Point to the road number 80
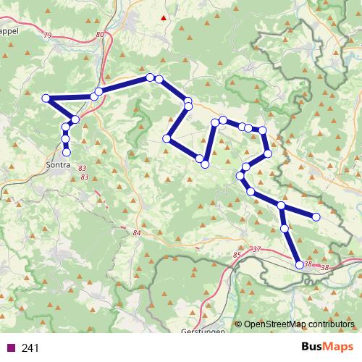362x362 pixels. (99, 35)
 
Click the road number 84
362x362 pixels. (138, 232)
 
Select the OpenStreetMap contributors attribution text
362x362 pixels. (298, 325)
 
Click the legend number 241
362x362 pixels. (30, 348)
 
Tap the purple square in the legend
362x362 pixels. (11, 348)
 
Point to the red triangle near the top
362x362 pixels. (164, 17)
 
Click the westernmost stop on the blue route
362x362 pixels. (46, 98)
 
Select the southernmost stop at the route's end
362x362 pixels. (300, 265)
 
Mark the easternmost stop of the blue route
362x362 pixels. (316, 216)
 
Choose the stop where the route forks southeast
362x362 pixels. (282, 207)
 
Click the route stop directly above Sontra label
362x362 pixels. (67, 152)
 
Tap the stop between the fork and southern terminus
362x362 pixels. (285, 228)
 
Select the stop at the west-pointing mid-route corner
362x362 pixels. (167, 138)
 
